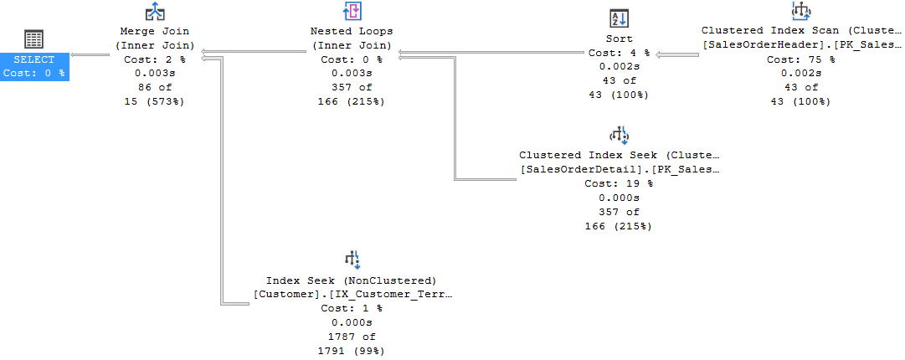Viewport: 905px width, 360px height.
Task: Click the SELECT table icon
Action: pyautogui.click(x=34, y=39)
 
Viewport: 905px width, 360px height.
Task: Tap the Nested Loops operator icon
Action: pyautogui.click(x=352, y=12)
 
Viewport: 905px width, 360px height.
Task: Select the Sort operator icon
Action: pyautogui.click(x=618, y=18)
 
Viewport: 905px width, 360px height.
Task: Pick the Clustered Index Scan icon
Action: pyautogui.click(x=801, y=11)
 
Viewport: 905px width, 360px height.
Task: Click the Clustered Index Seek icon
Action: pyautogui.click(x=618, y=136)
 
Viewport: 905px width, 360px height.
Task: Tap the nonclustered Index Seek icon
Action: pyautogui.click(x=352, y=259)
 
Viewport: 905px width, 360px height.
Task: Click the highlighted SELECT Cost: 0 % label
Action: pyautogui.click(x=34, y=66)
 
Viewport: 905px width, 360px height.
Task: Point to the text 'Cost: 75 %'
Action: pyautogui.click(x=801, y=59)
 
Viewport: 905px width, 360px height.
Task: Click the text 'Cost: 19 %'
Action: pyautogui.click(x=618, y=183)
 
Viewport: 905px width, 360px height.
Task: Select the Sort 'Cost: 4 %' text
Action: pyautogui.click(x=618, y=53)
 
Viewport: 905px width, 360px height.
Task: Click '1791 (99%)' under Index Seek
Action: pyautogui.click(x=352, y=351)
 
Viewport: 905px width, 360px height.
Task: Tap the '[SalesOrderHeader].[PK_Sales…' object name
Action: pyautogui.click(x=801, y=44)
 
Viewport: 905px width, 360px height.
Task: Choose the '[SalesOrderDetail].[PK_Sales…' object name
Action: pyautogui.click(x=618, y=169)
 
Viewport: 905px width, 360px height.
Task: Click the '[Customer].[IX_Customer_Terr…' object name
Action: pyautogui.click(x=352, y=294)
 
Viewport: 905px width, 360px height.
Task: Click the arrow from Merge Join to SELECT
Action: pyautogui.click(x=90, y=55)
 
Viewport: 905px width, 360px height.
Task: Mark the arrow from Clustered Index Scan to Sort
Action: pyautogui.click(x=676, y=55)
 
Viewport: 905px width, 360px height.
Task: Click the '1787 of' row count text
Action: pyautogui.click(x=352, y=337)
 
